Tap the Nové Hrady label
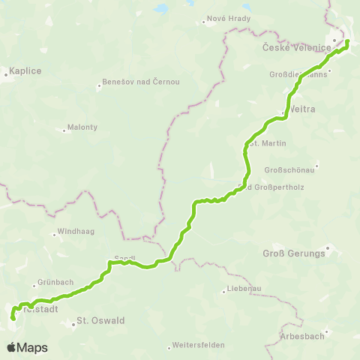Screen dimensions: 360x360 221,20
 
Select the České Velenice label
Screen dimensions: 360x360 297,48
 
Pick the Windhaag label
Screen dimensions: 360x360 76,232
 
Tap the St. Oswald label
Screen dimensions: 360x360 100,320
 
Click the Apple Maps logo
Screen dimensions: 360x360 28,347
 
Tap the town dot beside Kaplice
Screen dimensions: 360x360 5,73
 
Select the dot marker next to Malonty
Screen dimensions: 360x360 64,127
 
